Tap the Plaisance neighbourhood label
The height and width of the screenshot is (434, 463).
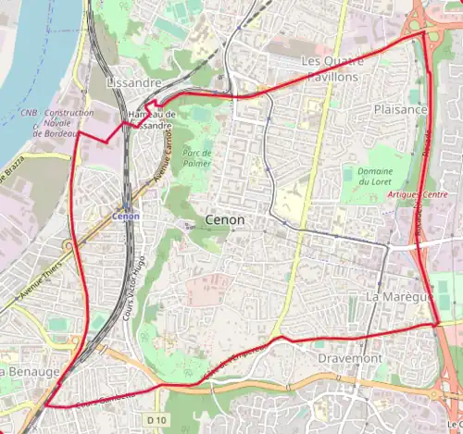(x=400, y=109)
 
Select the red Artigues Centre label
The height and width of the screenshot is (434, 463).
(x=422, y=195)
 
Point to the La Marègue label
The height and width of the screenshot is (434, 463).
(x=397, y=297)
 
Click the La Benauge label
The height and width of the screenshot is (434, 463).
(x=30, y=371)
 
